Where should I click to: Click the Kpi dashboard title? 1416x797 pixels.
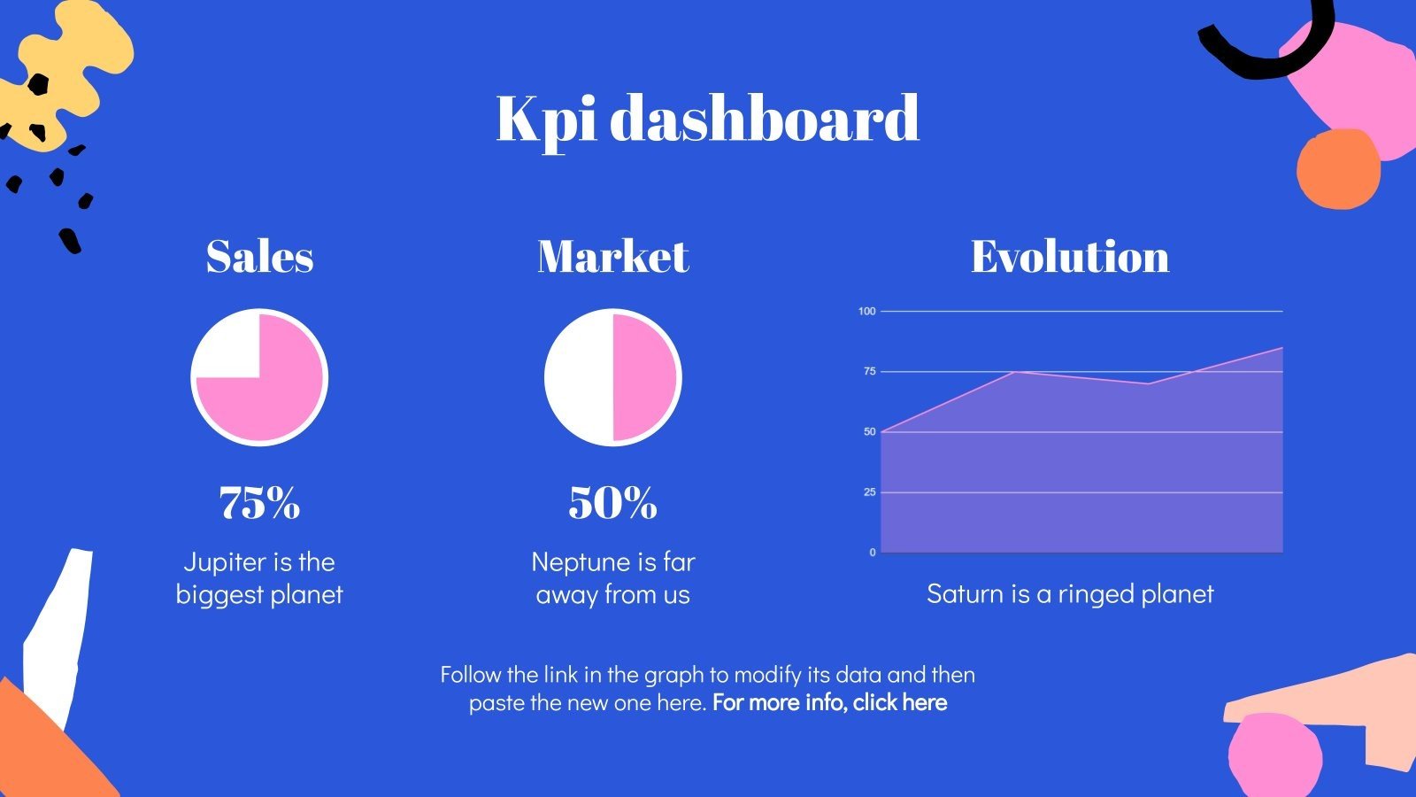707,120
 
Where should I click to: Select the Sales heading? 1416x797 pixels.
260,256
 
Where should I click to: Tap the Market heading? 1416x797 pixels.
613,256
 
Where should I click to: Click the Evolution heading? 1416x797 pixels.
1070,256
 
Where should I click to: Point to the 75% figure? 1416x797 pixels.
260,503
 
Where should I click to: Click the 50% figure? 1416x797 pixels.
613,503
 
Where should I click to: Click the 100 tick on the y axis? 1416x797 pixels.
866,311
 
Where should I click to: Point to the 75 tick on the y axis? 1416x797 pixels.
870,371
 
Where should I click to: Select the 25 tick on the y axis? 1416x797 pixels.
870,492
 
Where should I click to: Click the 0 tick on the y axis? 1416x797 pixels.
873,553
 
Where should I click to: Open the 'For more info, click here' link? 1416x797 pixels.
829,703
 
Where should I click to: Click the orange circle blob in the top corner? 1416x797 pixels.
1338,169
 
